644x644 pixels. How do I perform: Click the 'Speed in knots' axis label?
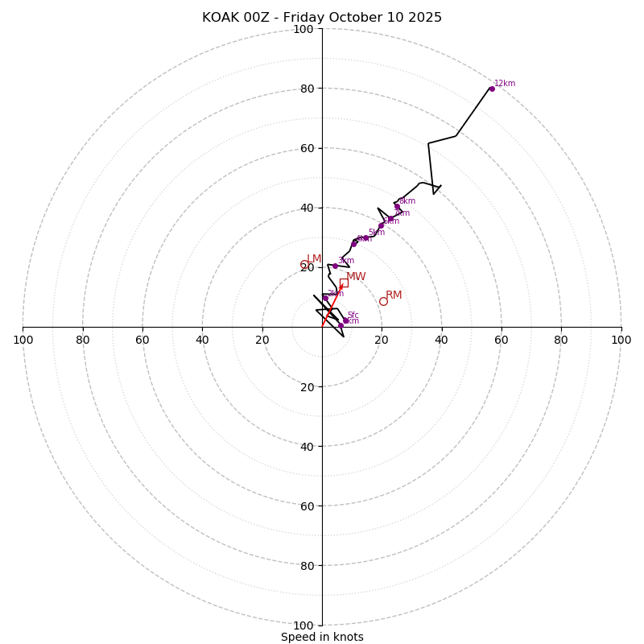pos(322,637)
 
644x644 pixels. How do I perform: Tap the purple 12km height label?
pos(505,84)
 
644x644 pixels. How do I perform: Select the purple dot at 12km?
pos(491,89)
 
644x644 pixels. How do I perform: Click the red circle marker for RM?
pos(383,301)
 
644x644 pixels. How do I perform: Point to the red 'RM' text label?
pos(394,295)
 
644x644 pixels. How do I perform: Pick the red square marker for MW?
pos(344,283)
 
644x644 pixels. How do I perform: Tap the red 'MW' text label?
pos(356,277)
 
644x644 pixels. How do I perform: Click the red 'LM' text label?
pos(314,259)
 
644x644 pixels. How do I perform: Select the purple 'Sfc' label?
pos(353,316)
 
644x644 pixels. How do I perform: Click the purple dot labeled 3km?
pos(335,266)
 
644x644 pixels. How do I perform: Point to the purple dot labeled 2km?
pos(325,298)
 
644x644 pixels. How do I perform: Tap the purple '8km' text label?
pos(407,201)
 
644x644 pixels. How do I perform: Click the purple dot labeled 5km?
pos(365,238)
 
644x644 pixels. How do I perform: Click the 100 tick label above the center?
pos(303,30)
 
